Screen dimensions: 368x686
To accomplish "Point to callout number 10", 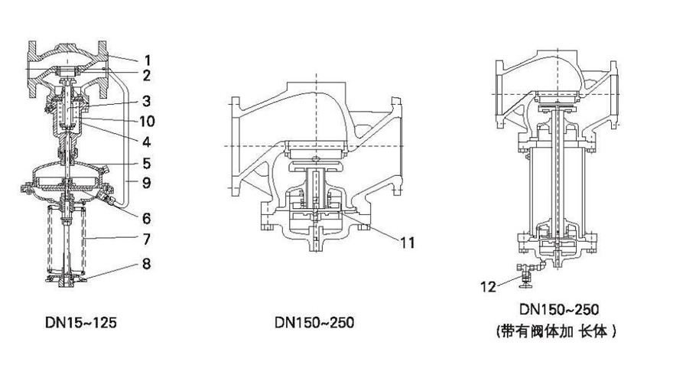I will (x=148, y=121).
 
